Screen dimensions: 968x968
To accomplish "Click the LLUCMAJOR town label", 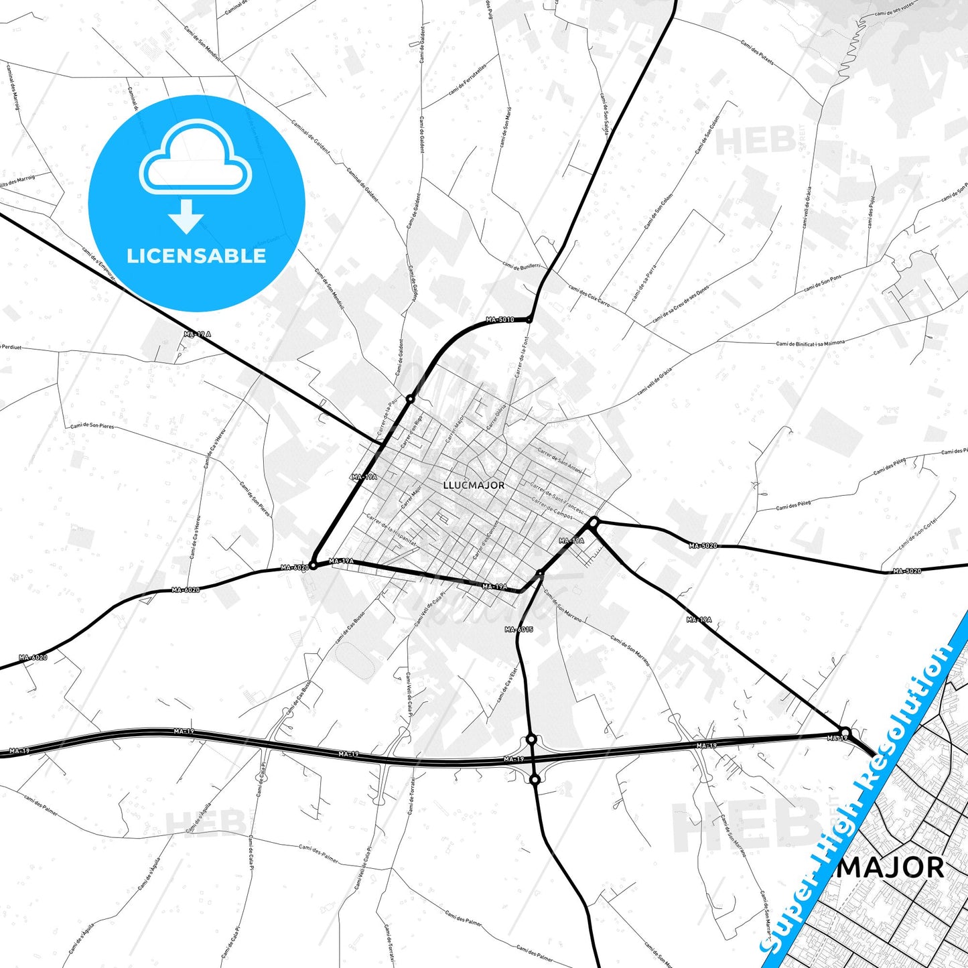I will (474, 485).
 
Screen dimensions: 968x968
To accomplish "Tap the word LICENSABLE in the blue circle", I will (196, 256).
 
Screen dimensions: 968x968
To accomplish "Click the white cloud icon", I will (195, 158).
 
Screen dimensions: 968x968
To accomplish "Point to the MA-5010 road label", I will (501, 320).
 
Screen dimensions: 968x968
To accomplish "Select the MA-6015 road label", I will (519, 630).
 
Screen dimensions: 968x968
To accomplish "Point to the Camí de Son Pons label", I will (823, 283).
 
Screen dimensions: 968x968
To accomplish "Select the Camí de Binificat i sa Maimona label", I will (810, 343).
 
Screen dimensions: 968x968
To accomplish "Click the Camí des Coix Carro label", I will (589, 295).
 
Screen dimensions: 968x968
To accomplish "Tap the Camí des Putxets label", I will (758, 52).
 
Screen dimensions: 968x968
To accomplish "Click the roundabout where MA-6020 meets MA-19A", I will (313, 566).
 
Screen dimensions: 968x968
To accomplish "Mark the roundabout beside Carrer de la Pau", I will (410, 399).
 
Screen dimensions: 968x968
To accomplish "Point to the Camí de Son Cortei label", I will (917, 533).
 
